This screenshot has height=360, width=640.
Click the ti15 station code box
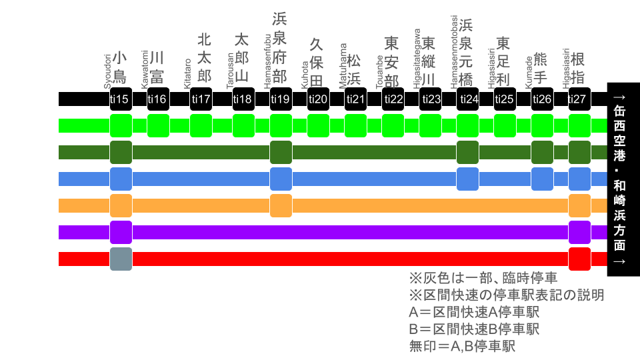(121, 99)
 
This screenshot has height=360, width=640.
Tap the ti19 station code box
(281, 99)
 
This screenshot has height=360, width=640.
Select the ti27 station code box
(579, 99)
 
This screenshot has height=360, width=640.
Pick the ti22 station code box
(393, 99)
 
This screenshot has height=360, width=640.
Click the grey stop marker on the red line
(121, 259)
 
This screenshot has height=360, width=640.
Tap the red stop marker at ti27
(579, 259)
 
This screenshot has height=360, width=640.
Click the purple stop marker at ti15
(121, 232)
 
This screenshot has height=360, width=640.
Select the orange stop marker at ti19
(281, 205)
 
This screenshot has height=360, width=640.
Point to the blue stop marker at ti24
(467, 179)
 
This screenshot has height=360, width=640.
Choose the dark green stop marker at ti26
(542, 152)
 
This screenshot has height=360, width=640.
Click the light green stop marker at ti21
(355, 125)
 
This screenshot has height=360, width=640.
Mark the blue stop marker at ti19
(281, 179)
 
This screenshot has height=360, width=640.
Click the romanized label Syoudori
(107, 67)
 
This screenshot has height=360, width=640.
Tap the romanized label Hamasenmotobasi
(454, 51)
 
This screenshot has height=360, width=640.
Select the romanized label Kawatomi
(145, 68)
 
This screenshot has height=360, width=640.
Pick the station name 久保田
(317, 63)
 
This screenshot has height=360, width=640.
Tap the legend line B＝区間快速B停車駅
(474, 329)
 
